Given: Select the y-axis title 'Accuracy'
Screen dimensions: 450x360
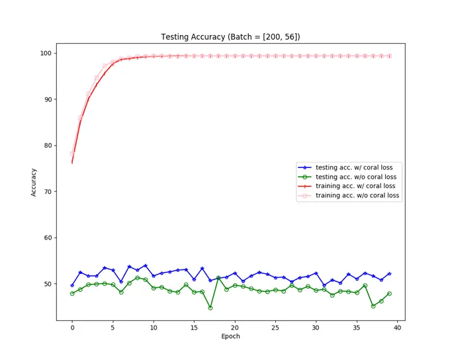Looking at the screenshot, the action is tap(34, 182).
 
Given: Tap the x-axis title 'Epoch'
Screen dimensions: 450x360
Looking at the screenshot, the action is tap(230, 336).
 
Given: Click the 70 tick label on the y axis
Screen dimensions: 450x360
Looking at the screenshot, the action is tap(48, 192).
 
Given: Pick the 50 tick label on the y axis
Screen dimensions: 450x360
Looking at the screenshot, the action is tap(48, 284).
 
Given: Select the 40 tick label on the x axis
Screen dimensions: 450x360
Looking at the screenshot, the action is tap(397, 328).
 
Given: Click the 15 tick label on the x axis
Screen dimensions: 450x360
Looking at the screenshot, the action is tap(194, 328).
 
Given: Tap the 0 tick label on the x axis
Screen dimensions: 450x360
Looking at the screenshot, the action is tap(72, 328).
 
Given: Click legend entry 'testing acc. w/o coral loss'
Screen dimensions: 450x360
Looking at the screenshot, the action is tap(347, 177).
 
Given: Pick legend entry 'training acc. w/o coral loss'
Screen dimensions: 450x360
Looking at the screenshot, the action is tap(349, 195).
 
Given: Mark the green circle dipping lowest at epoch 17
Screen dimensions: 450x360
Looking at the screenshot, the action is tap(210, 308).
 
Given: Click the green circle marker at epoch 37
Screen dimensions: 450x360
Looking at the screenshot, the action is tap(373, 306).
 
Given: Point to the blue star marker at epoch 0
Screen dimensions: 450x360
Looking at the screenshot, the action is tap(72, 286).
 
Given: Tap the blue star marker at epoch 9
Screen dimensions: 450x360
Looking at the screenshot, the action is tap(145, 266).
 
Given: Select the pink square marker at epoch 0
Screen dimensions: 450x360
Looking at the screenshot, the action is tap(72, 154).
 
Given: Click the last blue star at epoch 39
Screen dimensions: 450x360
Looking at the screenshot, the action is tap(389, 274).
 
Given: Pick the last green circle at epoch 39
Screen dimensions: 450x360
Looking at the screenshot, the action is tap(389, 294).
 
